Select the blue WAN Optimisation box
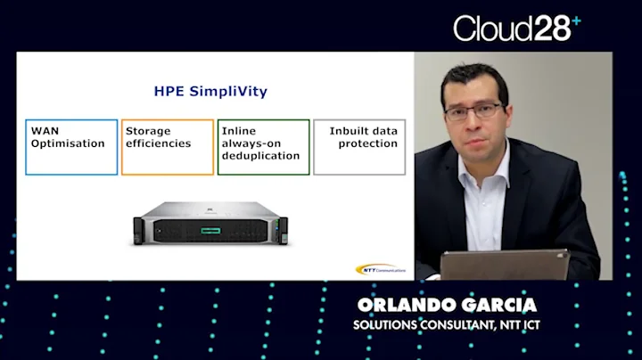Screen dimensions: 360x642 click(71, 147)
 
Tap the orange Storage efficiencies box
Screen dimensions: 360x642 click(168, 147)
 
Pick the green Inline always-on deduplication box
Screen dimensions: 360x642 click(264, 147)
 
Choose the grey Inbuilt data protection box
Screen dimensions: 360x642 click(359, 147)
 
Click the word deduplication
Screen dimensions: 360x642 click(260, 156)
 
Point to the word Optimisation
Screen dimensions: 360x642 click(68, 143)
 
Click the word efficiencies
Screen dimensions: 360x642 click(159, 143)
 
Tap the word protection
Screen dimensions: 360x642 click(368, 143)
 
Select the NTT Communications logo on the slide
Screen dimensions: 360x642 click(379, 268)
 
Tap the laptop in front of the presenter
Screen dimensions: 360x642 click(504, 266)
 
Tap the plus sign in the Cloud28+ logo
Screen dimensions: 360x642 click(576, 19)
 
